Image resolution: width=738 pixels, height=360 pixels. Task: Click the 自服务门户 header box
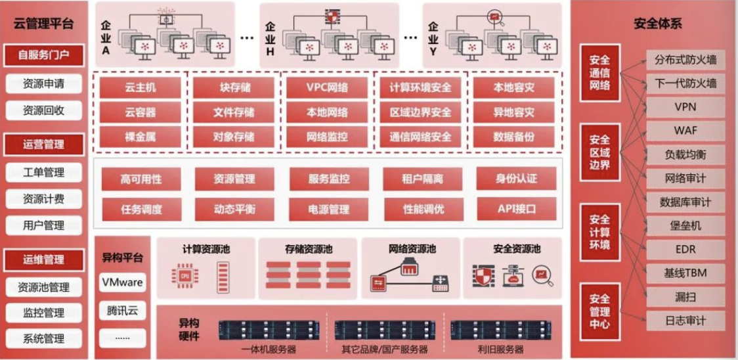(44, 56)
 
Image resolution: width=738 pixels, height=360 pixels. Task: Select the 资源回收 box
(44, 110)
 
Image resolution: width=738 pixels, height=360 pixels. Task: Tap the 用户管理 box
(44, 225)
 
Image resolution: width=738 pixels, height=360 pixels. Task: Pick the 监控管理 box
(44, 313)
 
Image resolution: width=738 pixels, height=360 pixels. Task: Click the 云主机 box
(141, 87)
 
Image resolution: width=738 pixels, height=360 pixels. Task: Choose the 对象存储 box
(234, 137)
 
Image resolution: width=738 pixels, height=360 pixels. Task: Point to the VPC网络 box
(327, 87)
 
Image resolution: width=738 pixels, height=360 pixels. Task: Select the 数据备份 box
(513, 137)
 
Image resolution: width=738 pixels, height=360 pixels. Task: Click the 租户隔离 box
(422, 179)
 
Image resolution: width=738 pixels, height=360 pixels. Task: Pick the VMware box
(122, 282)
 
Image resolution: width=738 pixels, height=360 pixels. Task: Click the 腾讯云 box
(122, 311)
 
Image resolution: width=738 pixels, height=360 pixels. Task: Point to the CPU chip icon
(186, 277)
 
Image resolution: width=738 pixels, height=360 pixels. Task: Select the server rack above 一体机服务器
(269, 330)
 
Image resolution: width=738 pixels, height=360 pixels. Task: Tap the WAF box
(685, 130)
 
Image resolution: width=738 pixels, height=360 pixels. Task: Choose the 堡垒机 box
(685, 225)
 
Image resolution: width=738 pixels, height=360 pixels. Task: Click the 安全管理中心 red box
(599, 311)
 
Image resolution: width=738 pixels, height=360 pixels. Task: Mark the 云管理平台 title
(44, 24)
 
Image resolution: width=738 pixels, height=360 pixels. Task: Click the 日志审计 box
(685, 321)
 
